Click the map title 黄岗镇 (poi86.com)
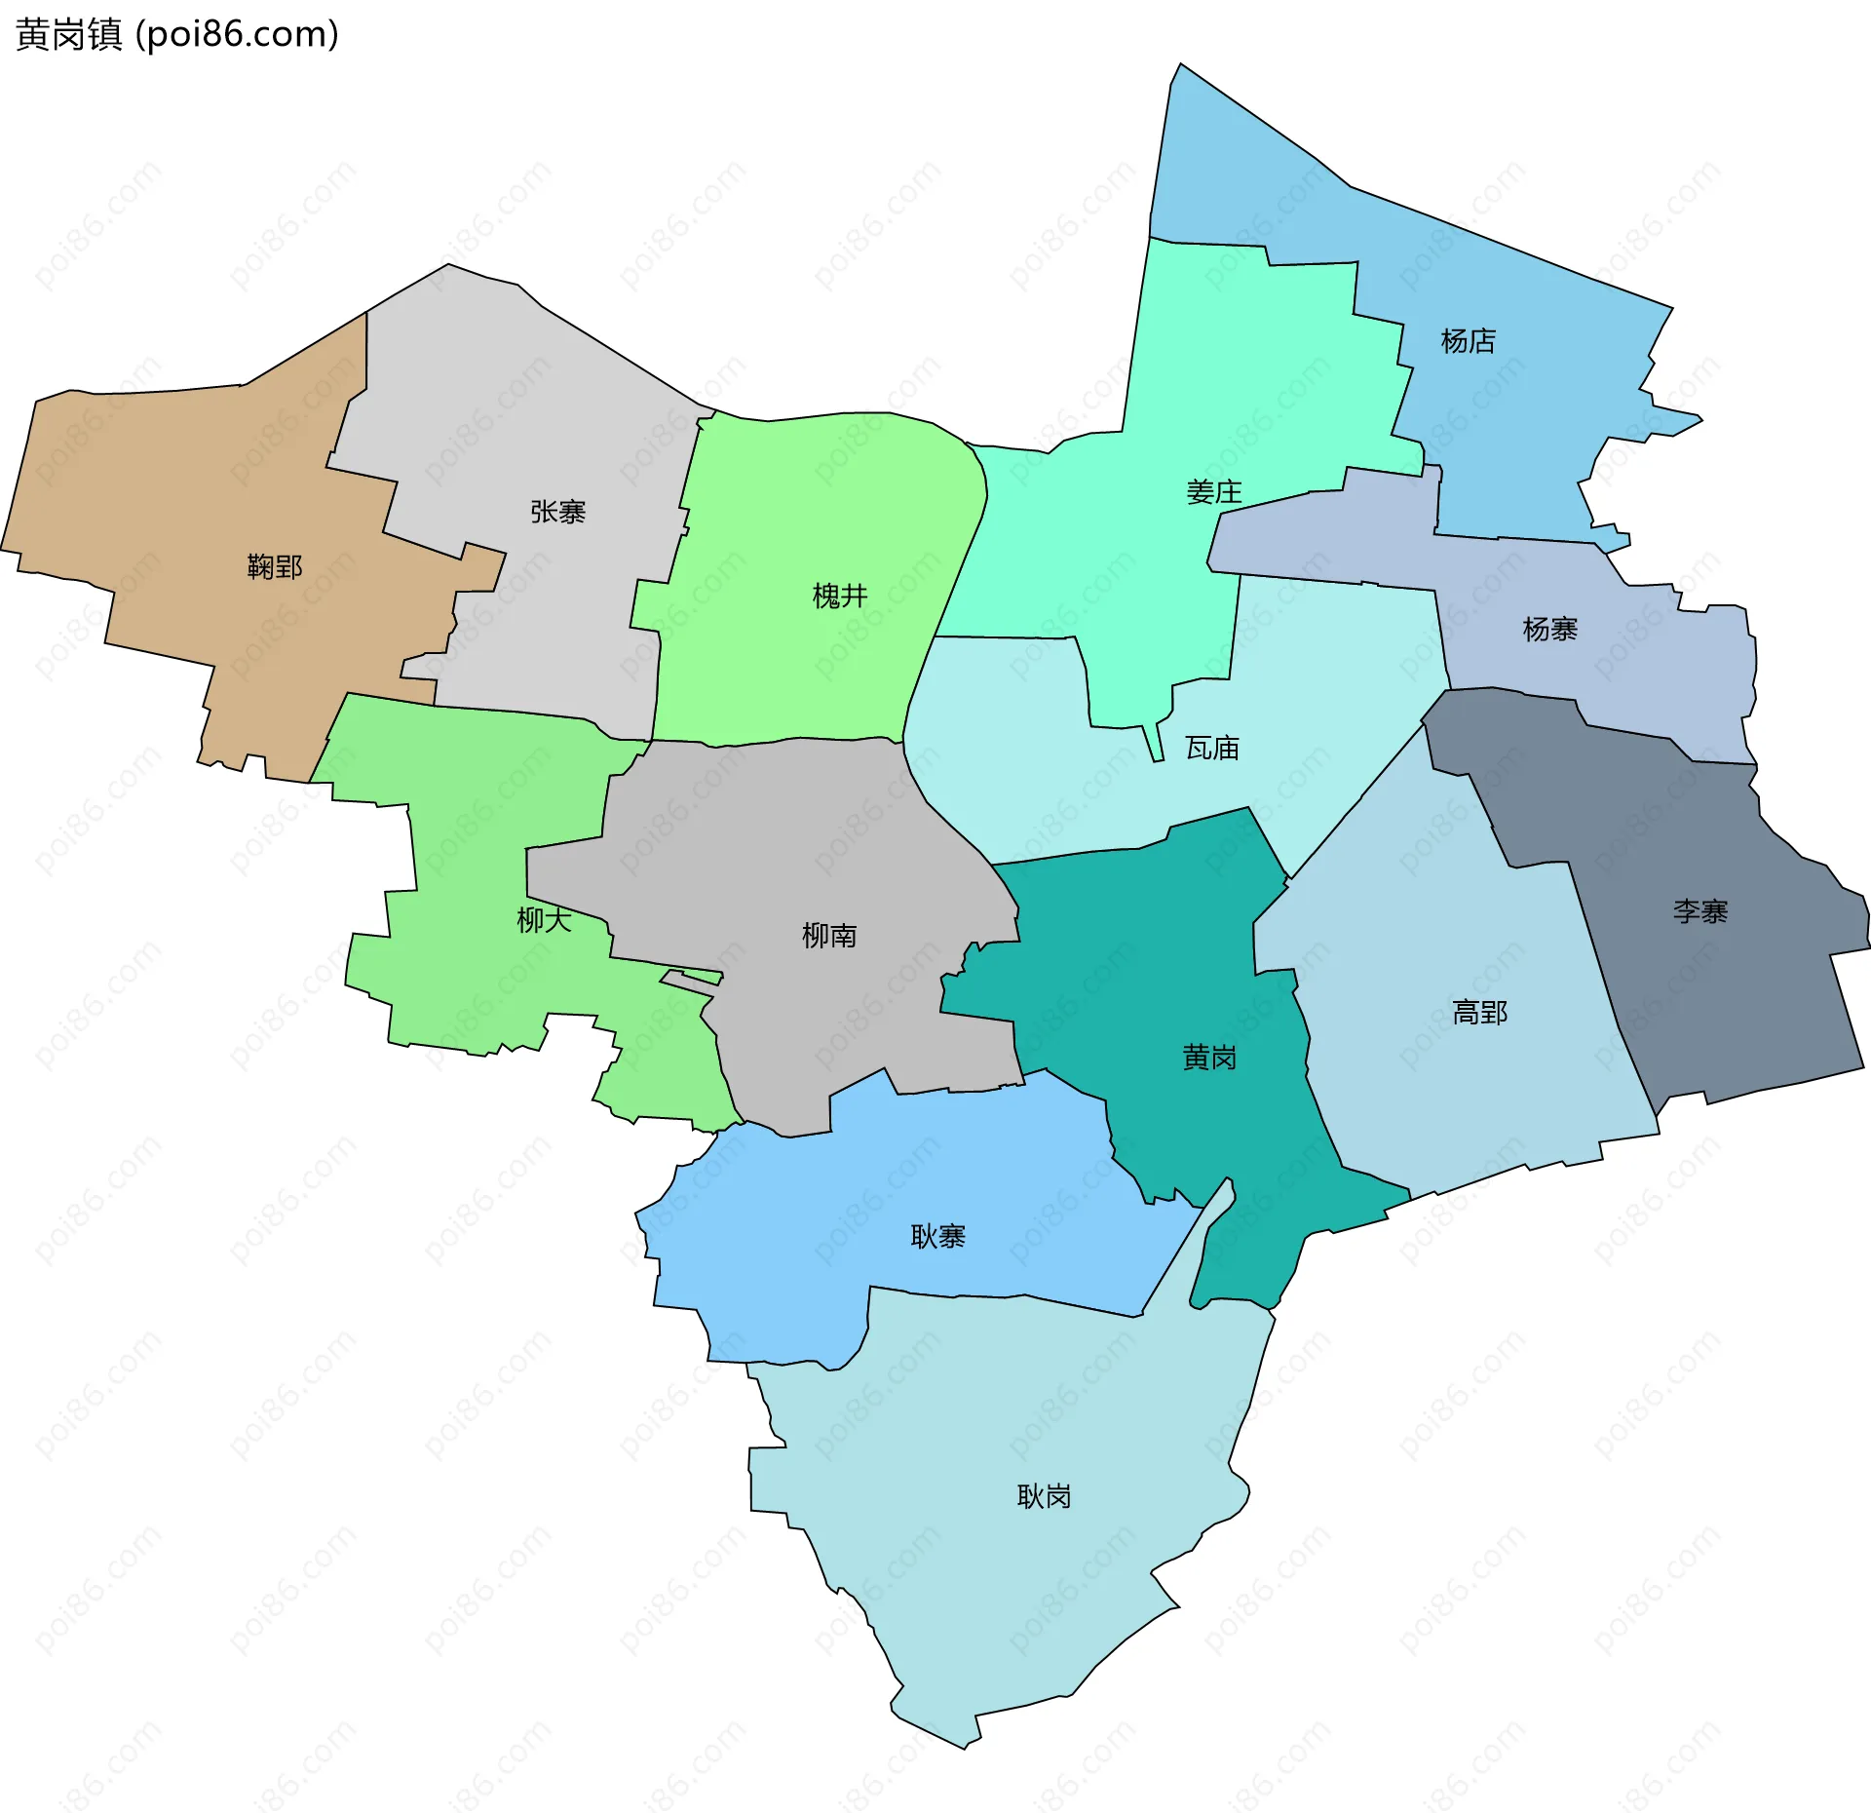(x=177, y=35)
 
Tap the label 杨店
(x=1468, y=341)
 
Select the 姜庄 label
(x=1213, y=492)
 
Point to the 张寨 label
(x=557, y=512)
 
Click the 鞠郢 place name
(x=275, y=566)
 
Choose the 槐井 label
(x=839, y=596)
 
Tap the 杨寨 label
(x=1549, y=630)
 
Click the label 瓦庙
(x=1211, y=749)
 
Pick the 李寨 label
(x=1699, y=911)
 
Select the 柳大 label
(x=544, y=920)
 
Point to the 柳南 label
(x=828, y=936)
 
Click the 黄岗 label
(x=1208, y=1058)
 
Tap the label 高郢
(x=1479, y=1013)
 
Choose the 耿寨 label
(x=937, y=1237)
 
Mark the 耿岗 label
(x=1044, y=1496)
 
